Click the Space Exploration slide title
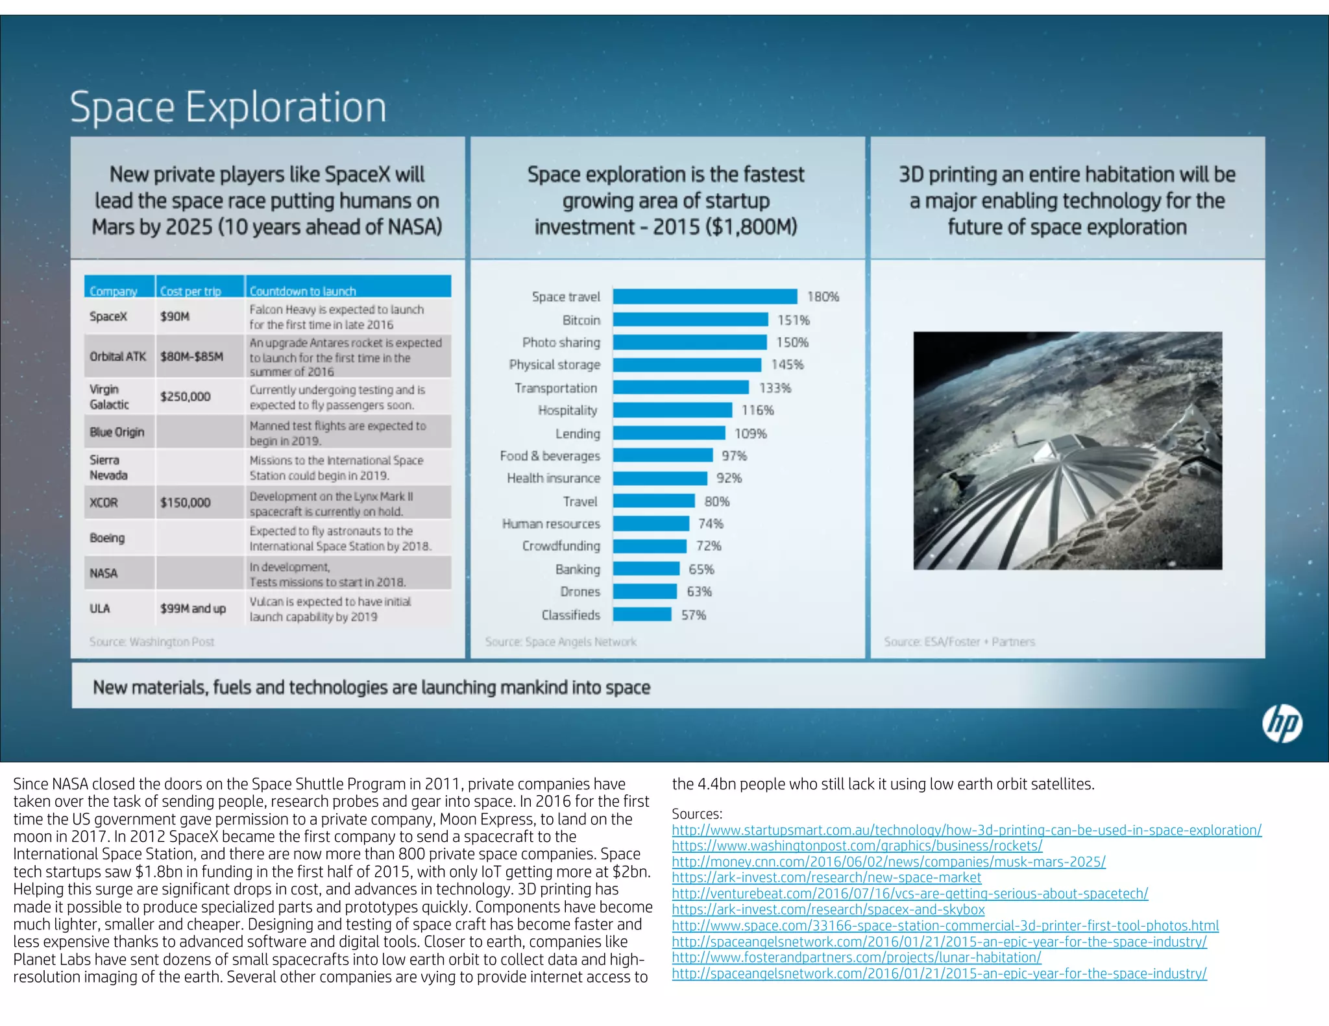pyautogui.click(x=228, y=107)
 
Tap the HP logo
pyautogui.click(x=1282, y=724)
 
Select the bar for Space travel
pyautogui.click(x=705, y=296)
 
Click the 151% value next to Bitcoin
pyautogui.click(x=793, y=320)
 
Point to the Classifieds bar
pyautogui.click(x=642, y=614)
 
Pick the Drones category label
pyautogui.click(x=580, y=591)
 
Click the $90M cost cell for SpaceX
pyautogui.click(x=175, y=316)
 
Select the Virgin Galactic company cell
pyautogui.click(x=109, y=396)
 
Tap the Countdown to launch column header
pyautogui.click(x=302, y=291)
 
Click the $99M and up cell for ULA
pyautogui.click(x=193, y=608)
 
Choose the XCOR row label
pyautogui.click(x=104, y=503)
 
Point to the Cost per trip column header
pyautogui.click(x=190, y=291)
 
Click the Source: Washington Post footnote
pyautogui.click(x=151, y=641)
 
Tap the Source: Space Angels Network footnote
pyautogui.click(x=561, y=641)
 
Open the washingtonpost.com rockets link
pyautogui.click(x=857, y=846)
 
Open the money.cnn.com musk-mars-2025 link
pyautogui.click(x=888, y=862)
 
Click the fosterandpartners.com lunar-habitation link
pyautogui.click(x=856, y=957)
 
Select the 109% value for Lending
pyautogui.click(x=750, y=433)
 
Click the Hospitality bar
pyautogui.click(x=672, y=410)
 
